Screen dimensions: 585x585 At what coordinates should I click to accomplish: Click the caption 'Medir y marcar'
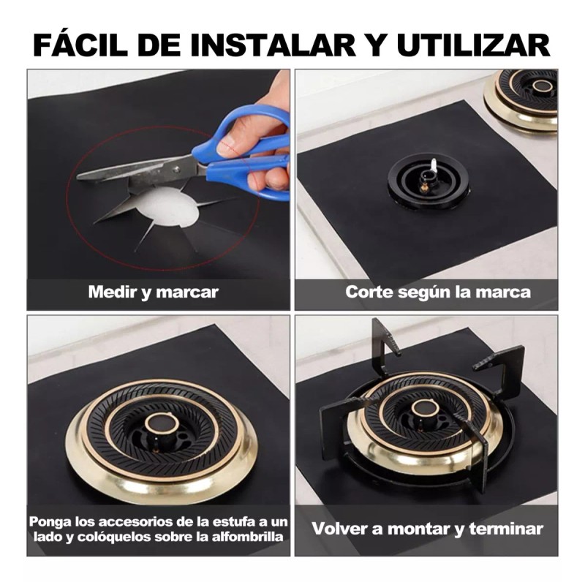click(x=153, y=292)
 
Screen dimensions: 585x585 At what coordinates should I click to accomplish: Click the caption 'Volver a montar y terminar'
click(x=428, y=528)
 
